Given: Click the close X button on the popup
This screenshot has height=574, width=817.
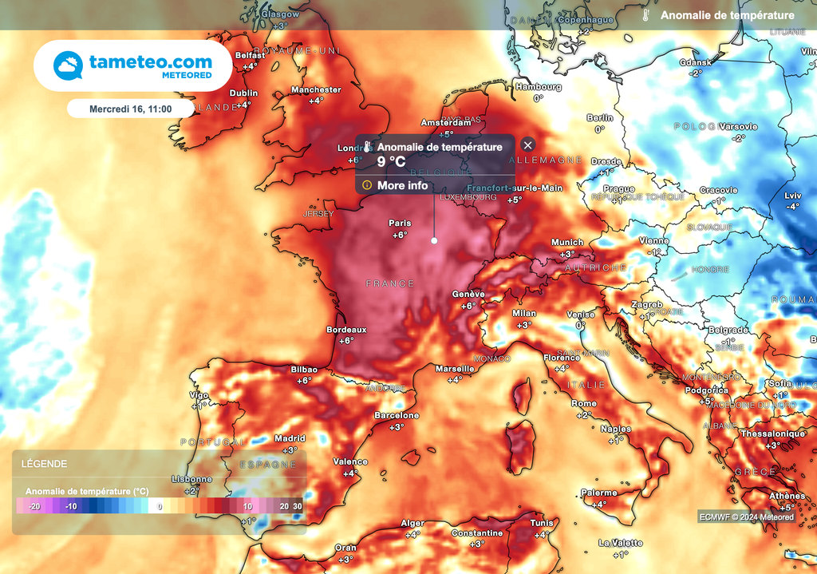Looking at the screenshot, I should (527, 144).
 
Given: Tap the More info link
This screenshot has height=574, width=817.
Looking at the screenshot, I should (403, 185).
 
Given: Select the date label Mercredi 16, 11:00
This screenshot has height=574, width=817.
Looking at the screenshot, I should (129, 108).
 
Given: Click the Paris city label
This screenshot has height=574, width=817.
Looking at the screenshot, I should (400, 223).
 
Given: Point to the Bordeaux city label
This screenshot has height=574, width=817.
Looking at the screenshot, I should (346, 329).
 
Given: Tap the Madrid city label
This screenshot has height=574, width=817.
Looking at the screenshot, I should (290, 438).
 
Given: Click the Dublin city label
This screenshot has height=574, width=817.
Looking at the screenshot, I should (243, 93).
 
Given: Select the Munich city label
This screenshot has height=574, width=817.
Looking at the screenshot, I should (567, 242).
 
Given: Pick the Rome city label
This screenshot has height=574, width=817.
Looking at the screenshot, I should (584, 404).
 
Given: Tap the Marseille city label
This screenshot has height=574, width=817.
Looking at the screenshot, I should (455, 369).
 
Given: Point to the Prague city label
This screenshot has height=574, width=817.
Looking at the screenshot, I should (618, 189).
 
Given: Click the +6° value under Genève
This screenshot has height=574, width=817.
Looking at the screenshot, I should (468, 306).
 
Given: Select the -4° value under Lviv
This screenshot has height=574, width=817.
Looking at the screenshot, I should (792, 207).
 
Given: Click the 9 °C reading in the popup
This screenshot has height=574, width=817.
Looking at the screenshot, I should (392, 160).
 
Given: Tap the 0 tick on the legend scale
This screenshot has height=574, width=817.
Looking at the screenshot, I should (160, 506).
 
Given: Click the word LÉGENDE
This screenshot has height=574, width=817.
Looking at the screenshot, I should (44, 464).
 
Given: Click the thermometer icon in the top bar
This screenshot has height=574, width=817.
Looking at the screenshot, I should (646, 15).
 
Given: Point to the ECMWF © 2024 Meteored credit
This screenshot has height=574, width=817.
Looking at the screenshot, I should (746, 517).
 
